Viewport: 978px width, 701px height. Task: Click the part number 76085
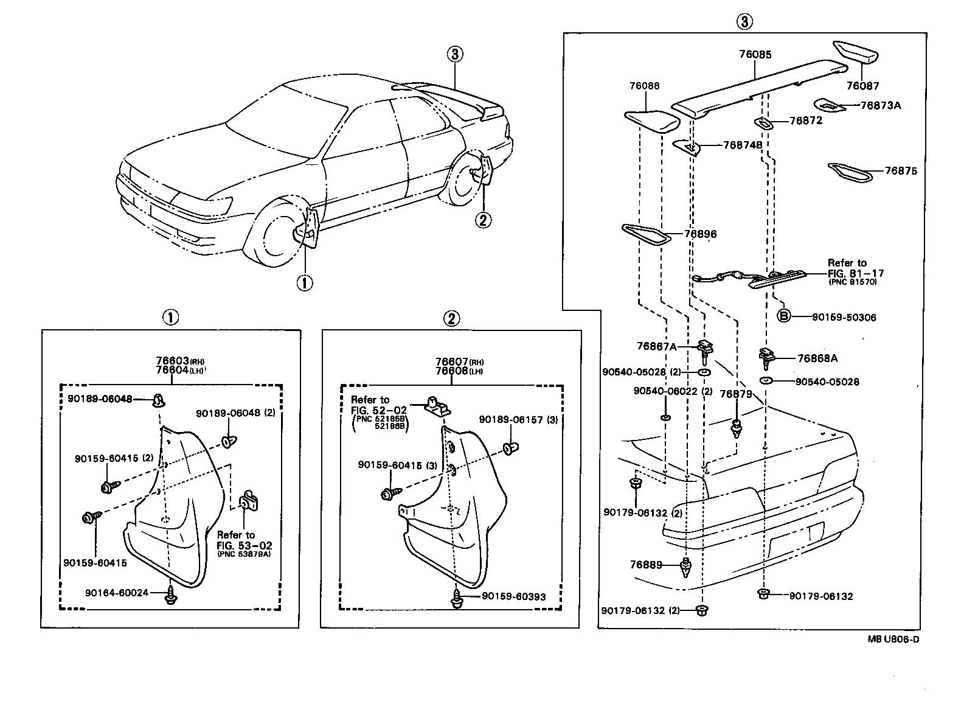pos(755,55)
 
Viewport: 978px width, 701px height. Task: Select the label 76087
pos(863,86)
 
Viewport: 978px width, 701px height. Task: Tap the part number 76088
pos(644,86)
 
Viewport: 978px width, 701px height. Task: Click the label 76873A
pos(881,105)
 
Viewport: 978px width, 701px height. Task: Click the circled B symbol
pos(785,316)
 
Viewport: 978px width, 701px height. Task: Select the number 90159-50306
pos(844,318)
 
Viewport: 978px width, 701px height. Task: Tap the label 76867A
pos(656,346)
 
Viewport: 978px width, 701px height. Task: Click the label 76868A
pos(817,358)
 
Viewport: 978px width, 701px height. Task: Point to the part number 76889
pos(646,565)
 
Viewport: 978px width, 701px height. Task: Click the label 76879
pos(736,394)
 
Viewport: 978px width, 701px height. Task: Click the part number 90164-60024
pos(116,592)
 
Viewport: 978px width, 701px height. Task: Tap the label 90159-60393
pos(513,596)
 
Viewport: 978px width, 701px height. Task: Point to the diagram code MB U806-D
pos(893,639)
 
